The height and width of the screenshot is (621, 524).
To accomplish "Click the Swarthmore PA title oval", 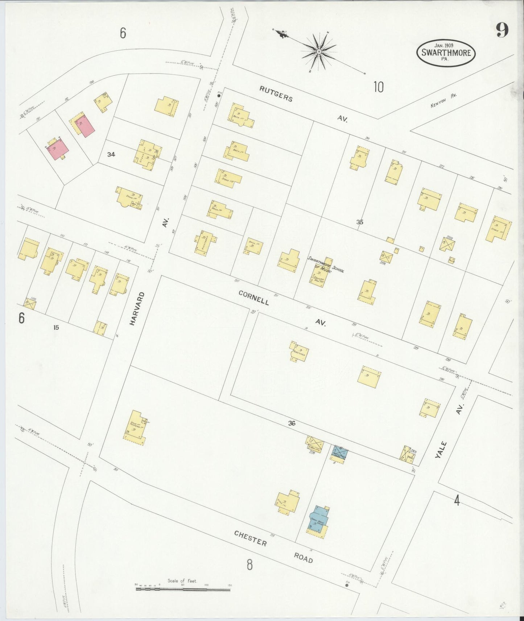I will [x=446, y=53].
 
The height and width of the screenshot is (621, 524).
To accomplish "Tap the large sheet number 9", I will [x=502, y=30].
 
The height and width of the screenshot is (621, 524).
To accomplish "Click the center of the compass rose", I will [x=318, y=52].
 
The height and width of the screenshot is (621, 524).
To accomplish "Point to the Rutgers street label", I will [x=276, y=93].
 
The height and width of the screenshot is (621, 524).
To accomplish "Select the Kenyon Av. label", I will [x=443, y=101].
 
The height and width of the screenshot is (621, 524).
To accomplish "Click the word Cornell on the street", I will [x=254, y=297].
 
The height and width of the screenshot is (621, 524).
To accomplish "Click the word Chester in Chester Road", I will [x=251, y=538].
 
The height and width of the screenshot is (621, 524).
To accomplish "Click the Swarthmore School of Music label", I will [x=326, y=264].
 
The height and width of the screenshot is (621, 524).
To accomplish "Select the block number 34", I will [x=111, y=155].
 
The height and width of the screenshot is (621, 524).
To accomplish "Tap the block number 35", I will [x=359, y=222].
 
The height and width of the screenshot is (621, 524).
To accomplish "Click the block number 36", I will [x=292, y=423].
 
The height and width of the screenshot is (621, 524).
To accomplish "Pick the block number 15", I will [x=55, y=328].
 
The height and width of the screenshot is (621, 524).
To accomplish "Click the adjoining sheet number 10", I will [x=378, y=87].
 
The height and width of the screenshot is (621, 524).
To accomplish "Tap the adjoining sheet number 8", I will [x=249, y=564].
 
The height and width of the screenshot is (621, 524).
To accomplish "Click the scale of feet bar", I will [x=183, y=589].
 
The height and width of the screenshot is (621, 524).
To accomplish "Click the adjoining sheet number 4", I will [x=457, y=501].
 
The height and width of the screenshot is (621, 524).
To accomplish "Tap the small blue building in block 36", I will [x=340, y=452].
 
